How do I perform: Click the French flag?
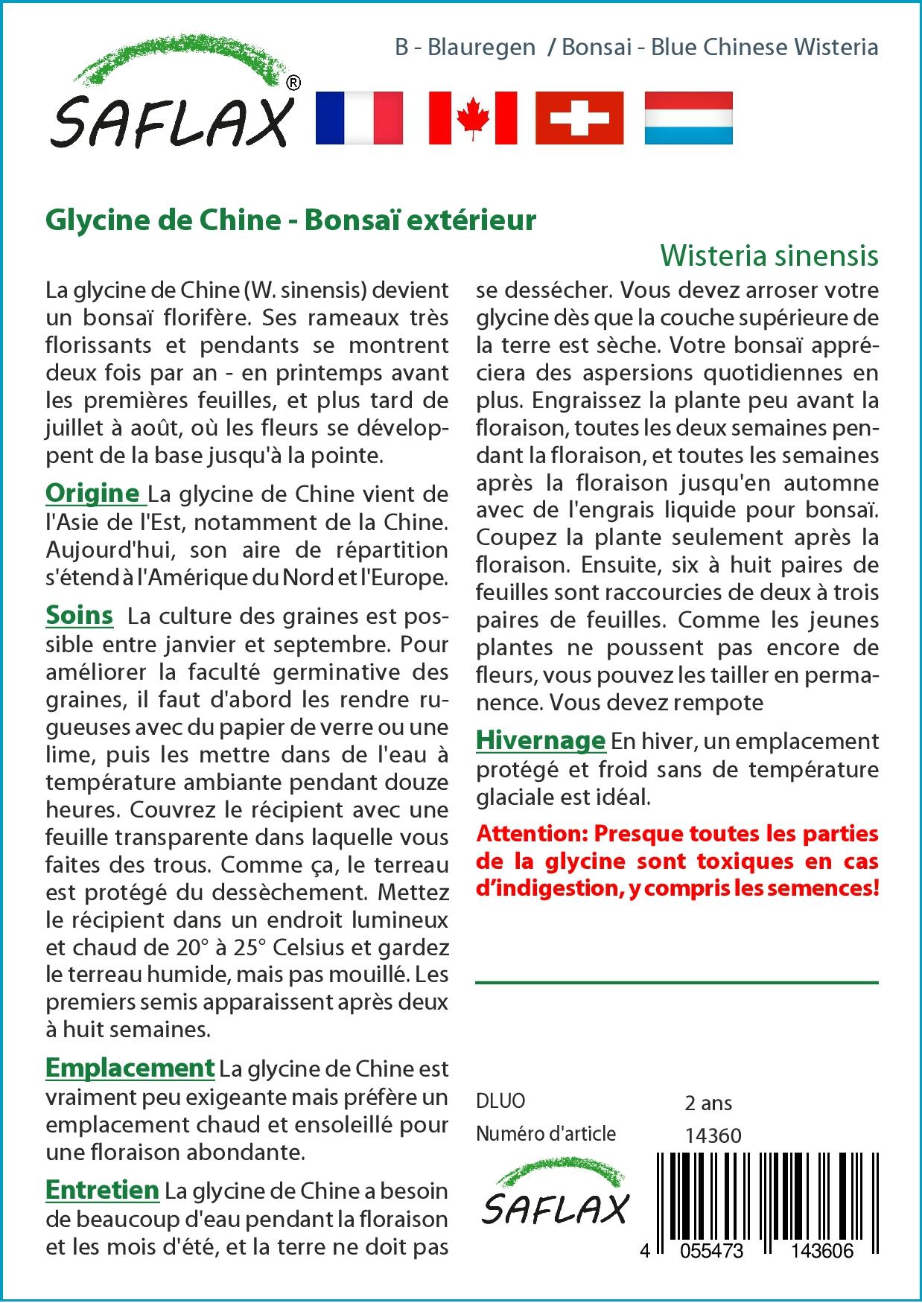(359, 118)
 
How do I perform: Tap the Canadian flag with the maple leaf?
(473, 118)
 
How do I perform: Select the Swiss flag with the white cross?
(579, 118)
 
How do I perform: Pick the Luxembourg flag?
(688, 118)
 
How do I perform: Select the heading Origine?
(94, 493)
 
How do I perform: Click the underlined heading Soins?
(80, 615)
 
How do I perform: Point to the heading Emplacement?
(130, 1068)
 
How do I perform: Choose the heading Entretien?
(102, 1190)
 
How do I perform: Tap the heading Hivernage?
(541, 740)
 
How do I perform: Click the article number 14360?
(713, 1135)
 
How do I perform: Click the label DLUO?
(500, 1101)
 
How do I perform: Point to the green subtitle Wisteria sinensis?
(769, 255)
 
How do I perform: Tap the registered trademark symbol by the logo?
(293, 83)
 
